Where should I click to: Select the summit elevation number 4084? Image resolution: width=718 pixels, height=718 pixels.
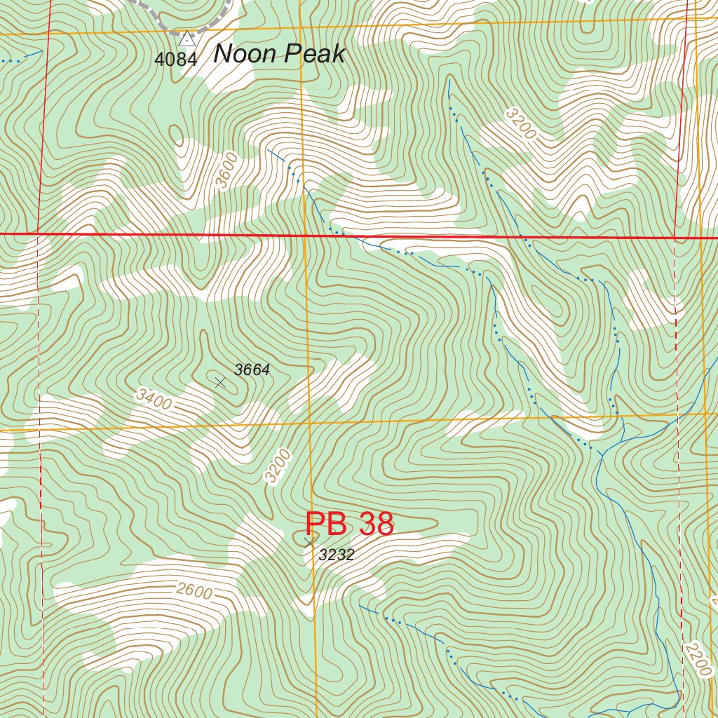pyautogui.click(x=175, y=60)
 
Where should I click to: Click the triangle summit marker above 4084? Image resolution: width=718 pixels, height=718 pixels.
pyautogui.click(x=187, y=39)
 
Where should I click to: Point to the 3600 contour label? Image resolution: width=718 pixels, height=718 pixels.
pyautogui.click(x=226, y=172)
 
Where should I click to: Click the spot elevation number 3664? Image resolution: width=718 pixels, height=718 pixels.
pyautogui.click(x=252, y=370)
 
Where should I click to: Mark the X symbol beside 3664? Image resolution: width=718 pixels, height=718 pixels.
pyautogui.click(x=220, y=382)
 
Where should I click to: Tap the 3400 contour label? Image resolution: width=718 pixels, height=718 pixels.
pyautogui.click(x=154, y=400)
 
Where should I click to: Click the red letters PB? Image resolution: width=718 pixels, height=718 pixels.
pyautogui.click(x=327, y=524)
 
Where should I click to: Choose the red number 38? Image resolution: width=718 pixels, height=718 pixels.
pyautogui.click(x=376, y=524)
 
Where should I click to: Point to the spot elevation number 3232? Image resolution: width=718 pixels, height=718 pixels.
pyautogui.click(x=337, y=555)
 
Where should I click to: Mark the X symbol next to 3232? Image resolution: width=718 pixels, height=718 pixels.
pyautogui.click(x=309, y=542)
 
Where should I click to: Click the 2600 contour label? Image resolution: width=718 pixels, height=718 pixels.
pyautogui.click(x=194, y=591)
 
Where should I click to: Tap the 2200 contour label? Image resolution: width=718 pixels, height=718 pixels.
pyautogui.click(x=698, y=659)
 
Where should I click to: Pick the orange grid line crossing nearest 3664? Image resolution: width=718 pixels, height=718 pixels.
pyautogui.click(x=309, y=423)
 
